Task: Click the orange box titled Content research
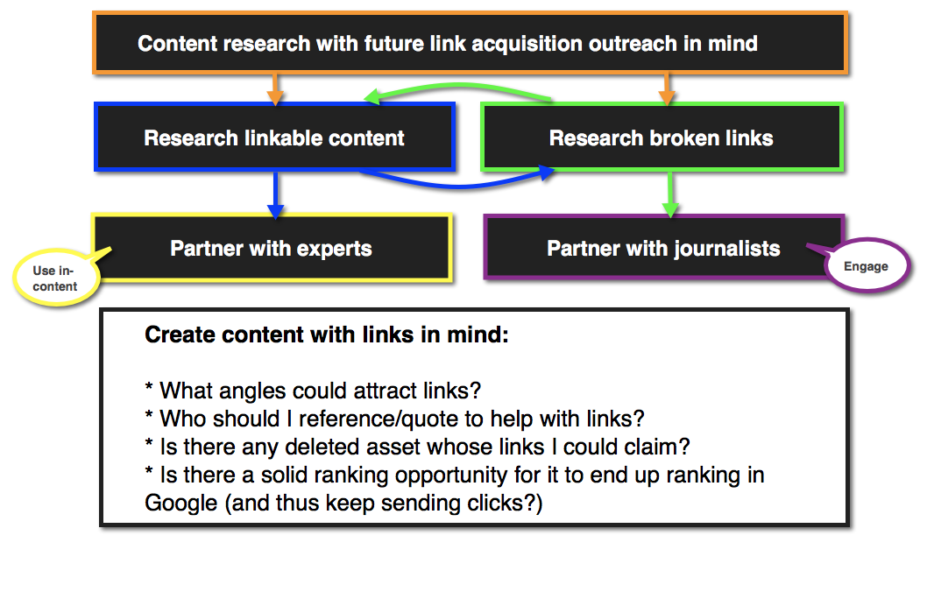[x=470, y=42]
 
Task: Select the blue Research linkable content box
[x=274, y=137]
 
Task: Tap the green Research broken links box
[x=662, y=137]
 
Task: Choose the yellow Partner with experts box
[x=271, y=248]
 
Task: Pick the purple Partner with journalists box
[x=663, y=248]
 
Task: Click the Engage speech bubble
[x=866, y=266]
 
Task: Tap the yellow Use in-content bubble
[x=55, y=278]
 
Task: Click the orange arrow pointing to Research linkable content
[x=274, y=88]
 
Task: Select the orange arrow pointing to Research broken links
[x=666, y=88]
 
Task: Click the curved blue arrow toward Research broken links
[x=456, y=181]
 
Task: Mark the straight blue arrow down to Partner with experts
[x=275, y=194]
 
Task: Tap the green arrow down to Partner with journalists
[x=670, y=194]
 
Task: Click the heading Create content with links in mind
[x=326, y=335]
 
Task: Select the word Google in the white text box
[x=180, y=504]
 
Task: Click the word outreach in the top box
[x=631, y=43]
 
